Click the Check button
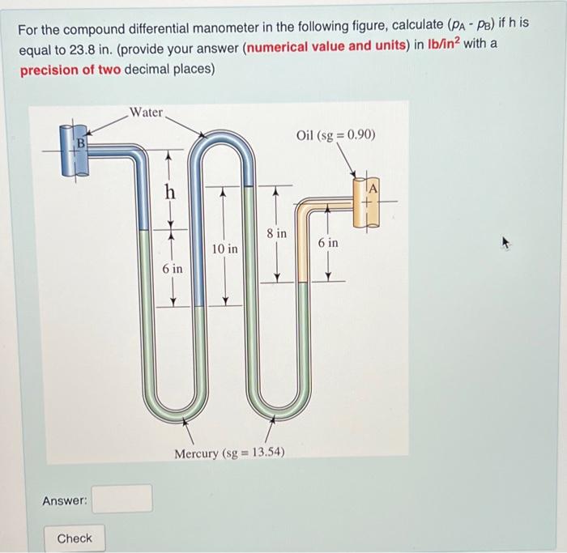click(75, 538)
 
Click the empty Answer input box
click(122, 499)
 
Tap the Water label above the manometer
click(147, 113)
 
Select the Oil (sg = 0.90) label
click(335, 134)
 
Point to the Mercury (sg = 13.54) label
click(229, 453)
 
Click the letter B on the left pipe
click(79, 144)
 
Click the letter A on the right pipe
click(373, 189)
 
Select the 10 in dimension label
click(225, 249)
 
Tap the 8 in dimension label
click(276, 233)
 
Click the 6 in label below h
click(173, 268)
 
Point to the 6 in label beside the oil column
click(328, 242)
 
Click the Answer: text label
click(65, 501)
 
